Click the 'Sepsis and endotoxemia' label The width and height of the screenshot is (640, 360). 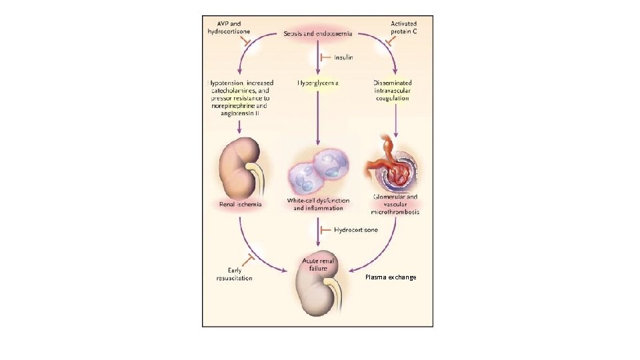tap(319, 33)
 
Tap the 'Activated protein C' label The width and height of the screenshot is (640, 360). tap(404, 29)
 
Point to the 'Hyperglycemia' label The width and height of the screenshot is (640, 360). tap(319, 83)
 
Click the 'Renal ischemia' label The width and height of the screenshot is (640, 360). tap(241, 204)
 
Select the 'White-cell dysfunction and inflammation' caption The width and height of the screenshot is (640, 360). tap(319, 205)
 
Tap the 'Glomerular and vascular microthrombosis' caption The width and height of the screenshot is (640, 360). tap(396, 205)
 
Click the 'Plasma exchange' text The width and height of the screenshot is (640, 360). tap(391, 277)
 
